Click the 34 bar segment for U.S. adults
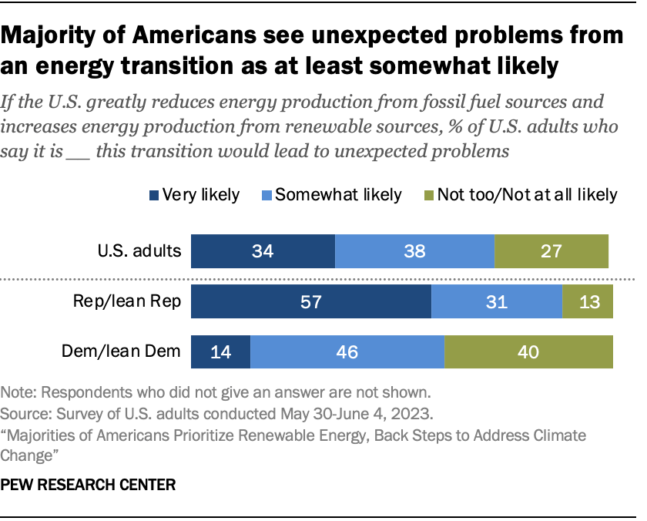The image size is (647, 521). [x=263, y=251]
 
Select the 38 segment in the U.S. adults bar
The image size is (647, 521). [x=414, y=251]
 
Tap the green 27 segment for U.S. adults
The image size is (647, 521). [x=551, y=251]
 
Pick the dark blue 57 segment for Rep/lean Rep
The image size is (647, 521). [x=310, y=301]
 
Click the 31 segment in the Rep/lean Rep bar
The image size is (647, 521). [x=497, y=301]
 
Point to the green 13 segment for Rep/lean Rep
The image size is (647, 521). [x=588, y=301]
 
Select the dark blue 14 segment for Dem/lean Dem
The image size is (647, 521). [x=220, y=351]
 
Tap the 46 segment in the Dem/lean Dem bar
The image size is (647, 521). [x=347, y=351]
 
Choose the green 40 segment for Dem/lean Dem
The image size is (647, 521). [x=528, y=351]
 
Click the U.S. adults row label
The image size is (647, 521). [x=139, y=251]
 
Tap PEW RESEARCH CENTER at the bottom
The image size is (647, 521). [x=89, y=486]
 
